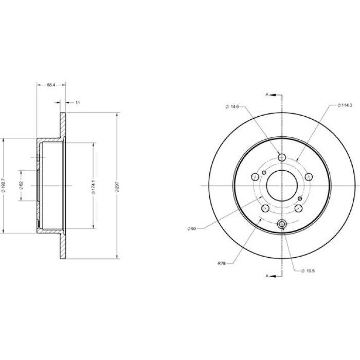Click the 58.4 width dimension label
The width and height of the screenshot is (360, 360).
click(x=51, y=85)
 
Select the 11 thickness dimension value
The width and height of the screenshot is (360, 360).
click(x=78, y=103)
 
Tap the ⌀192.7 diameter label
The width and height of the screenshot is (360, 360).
click(x=3, y=185)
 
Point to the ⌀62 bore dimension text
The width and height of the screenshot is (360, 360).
click(x=22, y=185)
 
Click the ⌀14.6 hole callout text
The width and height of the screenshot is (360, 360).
click(x=232, y=106)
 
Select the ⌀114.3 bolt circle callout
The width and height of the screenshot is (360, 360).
click(x=345, y=105)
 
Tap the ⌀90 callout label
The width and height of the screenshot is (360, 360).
click(x=192, y=228)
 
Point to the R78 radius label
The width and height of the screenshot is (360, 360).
click(x=222, y=263)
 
